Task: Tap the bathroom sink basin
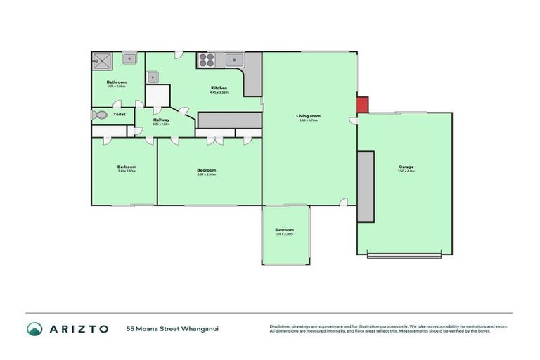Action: point(129,59)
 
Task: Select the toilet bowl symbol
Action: point(99,115)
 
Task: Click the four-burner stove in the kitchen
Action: point(206,59)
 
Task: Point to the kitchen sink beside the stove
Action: point(233,59)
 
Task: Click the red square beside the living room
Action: point(362,104)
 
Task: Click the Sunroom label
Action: point(284,229)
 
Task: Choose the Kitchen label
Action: point(219,88)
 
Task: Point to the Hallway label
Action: point(161,120)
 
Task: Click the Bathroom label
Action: point(117,82)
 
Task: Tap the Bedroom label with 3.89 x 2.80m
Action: point(206,169)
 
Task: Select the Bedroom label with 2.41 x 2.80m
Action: point(127,167)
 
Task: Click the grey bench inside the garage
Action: point(366,186)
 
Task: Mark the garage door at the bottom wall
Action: point(404,255)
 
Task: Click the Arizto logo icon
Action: point(34,328)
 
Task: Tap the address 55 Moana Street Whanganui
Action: point(167,328)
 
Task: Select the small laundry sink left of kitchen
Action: point(153,76)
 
